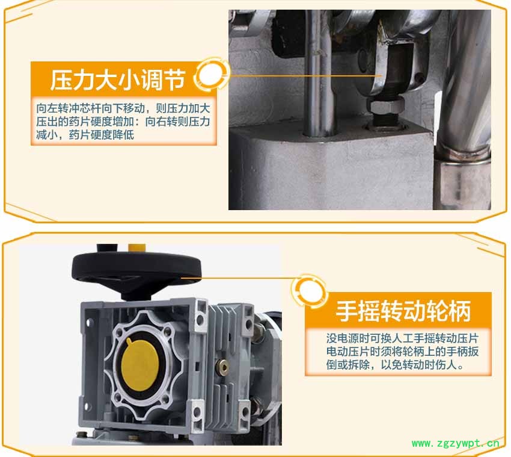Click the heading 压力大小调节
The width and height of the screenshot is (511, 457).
pos(117,79)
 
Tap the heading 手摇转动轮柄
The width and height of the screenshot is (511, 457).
pos(403,311)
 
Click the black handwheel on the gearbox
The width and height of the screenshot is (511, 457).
pos(136,272)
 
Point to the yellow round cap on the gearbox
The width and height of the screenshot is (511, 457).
pos(140,364)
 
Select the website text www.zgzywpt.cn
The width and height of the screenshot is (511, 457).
pos(455,443)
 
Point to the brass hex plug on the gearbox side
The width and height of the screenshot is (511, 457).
pos(224,367)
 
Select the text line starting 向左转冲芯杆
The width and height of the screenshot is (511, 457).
pos(123,108)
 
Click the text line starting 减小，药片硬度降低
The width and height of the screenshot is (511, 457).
pos(85,134)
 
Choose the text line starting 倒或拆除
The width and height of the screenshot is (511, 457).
pos(396,365)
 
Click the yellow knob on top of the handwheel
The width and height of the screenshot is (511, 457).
pos(136,247)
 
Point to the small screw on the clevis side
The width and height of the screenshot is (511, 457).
pos(420,78)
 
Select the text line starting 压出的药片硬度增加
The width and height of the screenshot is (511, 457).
pos(123,122)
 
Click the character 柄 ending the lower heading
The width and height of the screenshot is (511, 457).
pos(460,311)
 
